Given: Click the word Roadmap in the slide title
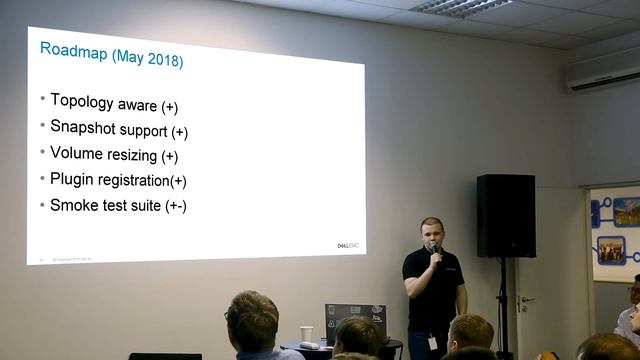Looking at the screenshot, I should click(x=73, y=50).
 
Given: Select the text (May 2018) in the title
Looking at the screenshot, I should click(x=147, y=60).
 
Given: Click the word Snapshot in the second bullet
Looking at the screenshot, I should click(x=82, y=128).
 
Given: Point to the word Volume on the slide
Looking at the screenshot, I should click(x=76, y=153).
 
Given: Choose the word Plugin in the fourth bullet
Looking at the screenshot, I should click(x=72, y=179).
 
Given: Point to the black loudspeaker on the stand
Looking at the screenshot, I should click(x=506, y=215).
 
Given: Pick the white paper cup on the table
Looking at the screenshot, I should click(x=306, y=334).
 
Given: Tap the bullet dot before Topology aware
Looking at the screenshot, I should click(x=42, y=100).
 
